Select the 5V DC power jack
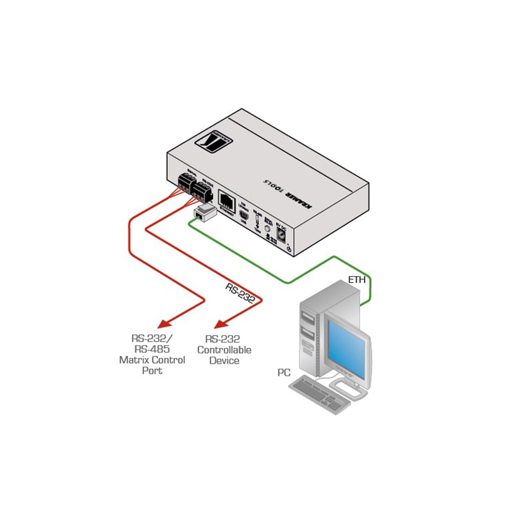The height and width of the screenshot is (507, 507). pyautogui.click(x=281, y=233)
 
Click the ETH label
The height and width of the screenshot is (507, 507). pyautogui.click(x=357, y=280)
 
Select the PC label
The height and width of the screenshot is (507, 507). pyautogui.click(x=284, y=372)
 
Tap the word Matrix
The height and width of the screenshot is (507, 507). pyautogui.click(x=134, y=360)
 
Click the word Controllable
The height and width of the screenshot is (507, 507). pyautogui.click(x=224, y=350)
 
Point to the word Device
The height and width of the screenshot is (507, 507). pyautogui.click(x=224, y=360)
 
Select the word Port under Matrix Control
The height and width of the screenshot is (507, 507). pyautogui.click(x=152, y=371)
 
